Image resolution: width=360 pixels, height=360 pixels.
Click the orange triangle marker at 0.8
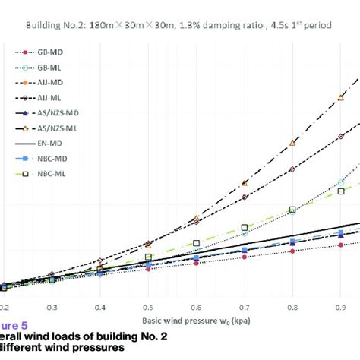pyautogui.click(x=293, y=143)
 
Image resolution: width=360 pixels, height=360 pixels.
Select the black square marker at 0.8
pyautogui.click(x=292, y=209)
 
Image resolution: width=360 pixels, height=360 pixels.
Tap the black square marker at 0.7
pyautogui.click(x=245, y=227)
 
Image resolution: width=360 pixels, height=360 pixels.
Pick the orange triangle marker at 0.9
pyautogui.click(x=340, y=96)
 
